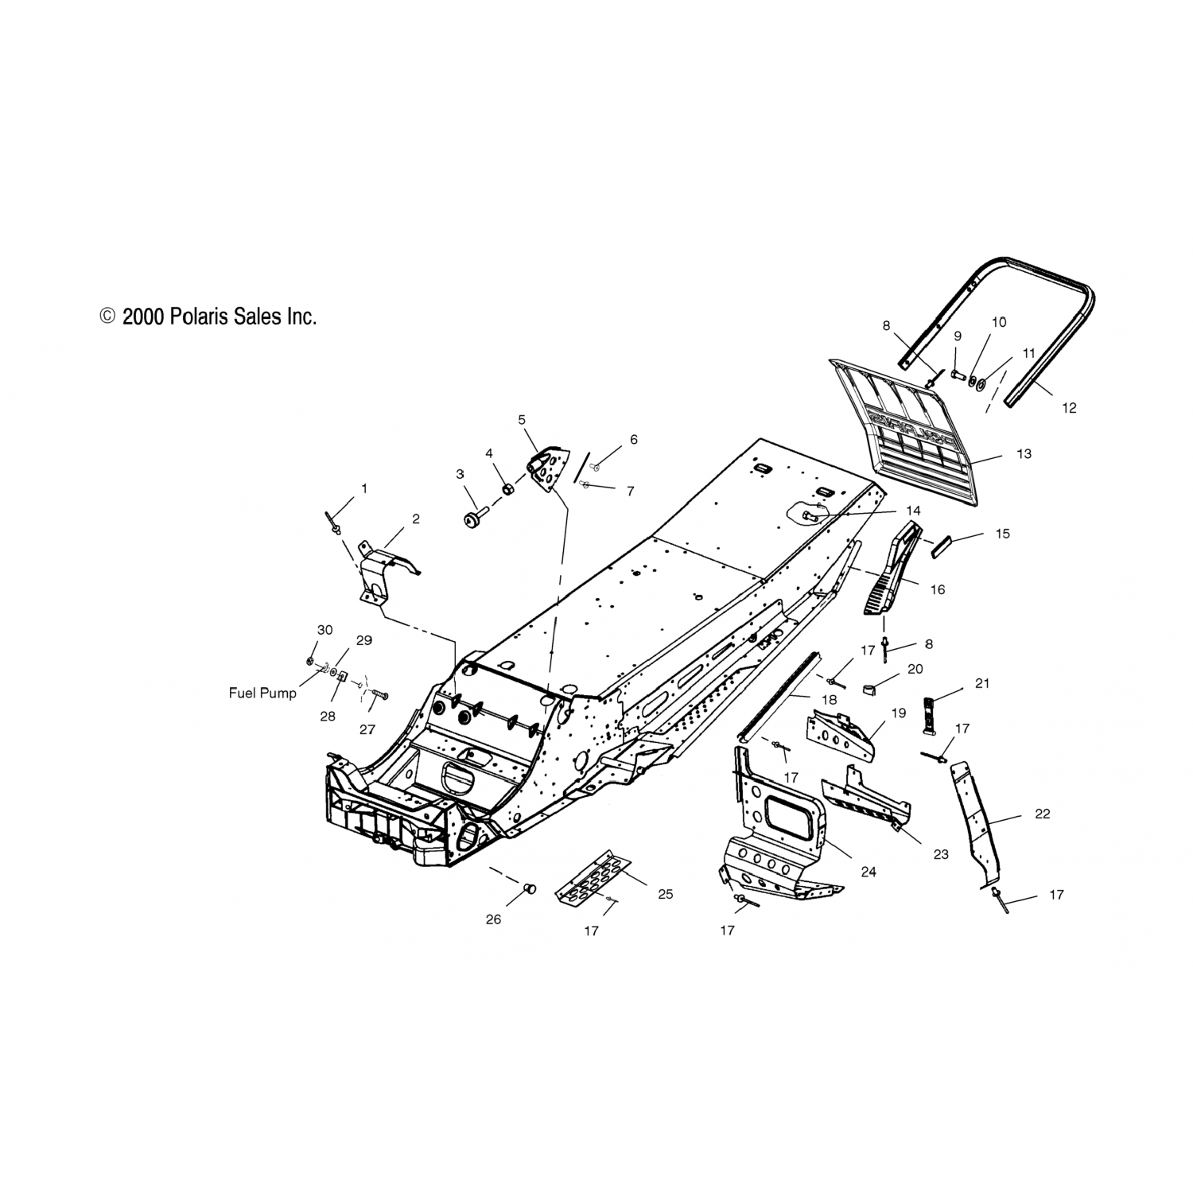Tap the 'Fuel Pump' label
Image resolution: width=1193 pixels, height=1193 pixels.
[262, 693]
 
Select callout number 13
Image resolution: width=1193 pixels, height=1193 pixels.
[1024, 453]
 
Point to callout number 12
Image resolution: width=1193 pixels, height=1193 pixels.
[1069, 408]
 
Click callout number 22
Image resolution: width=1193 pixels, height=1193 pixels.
[1043, 814]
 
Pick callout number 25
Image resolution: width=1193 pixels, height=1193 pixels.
[666, 894]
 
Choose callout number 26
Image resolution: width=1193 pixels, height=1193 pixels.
[494, 919]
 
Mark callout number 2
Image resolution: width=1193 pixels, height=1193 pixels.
[415, 519]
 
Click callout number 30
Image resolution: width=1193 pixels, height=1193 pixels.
[324, 630]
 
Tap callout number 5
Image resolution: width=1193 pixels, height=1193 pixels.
[522, 419]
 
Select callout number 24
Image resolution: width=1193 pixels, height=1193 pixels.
[869, 872]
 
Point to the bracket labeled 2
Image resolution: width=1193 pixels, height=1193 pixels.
[382, 569]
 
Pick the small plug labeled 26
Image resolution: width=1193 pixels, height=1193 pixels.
[530, 888]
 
